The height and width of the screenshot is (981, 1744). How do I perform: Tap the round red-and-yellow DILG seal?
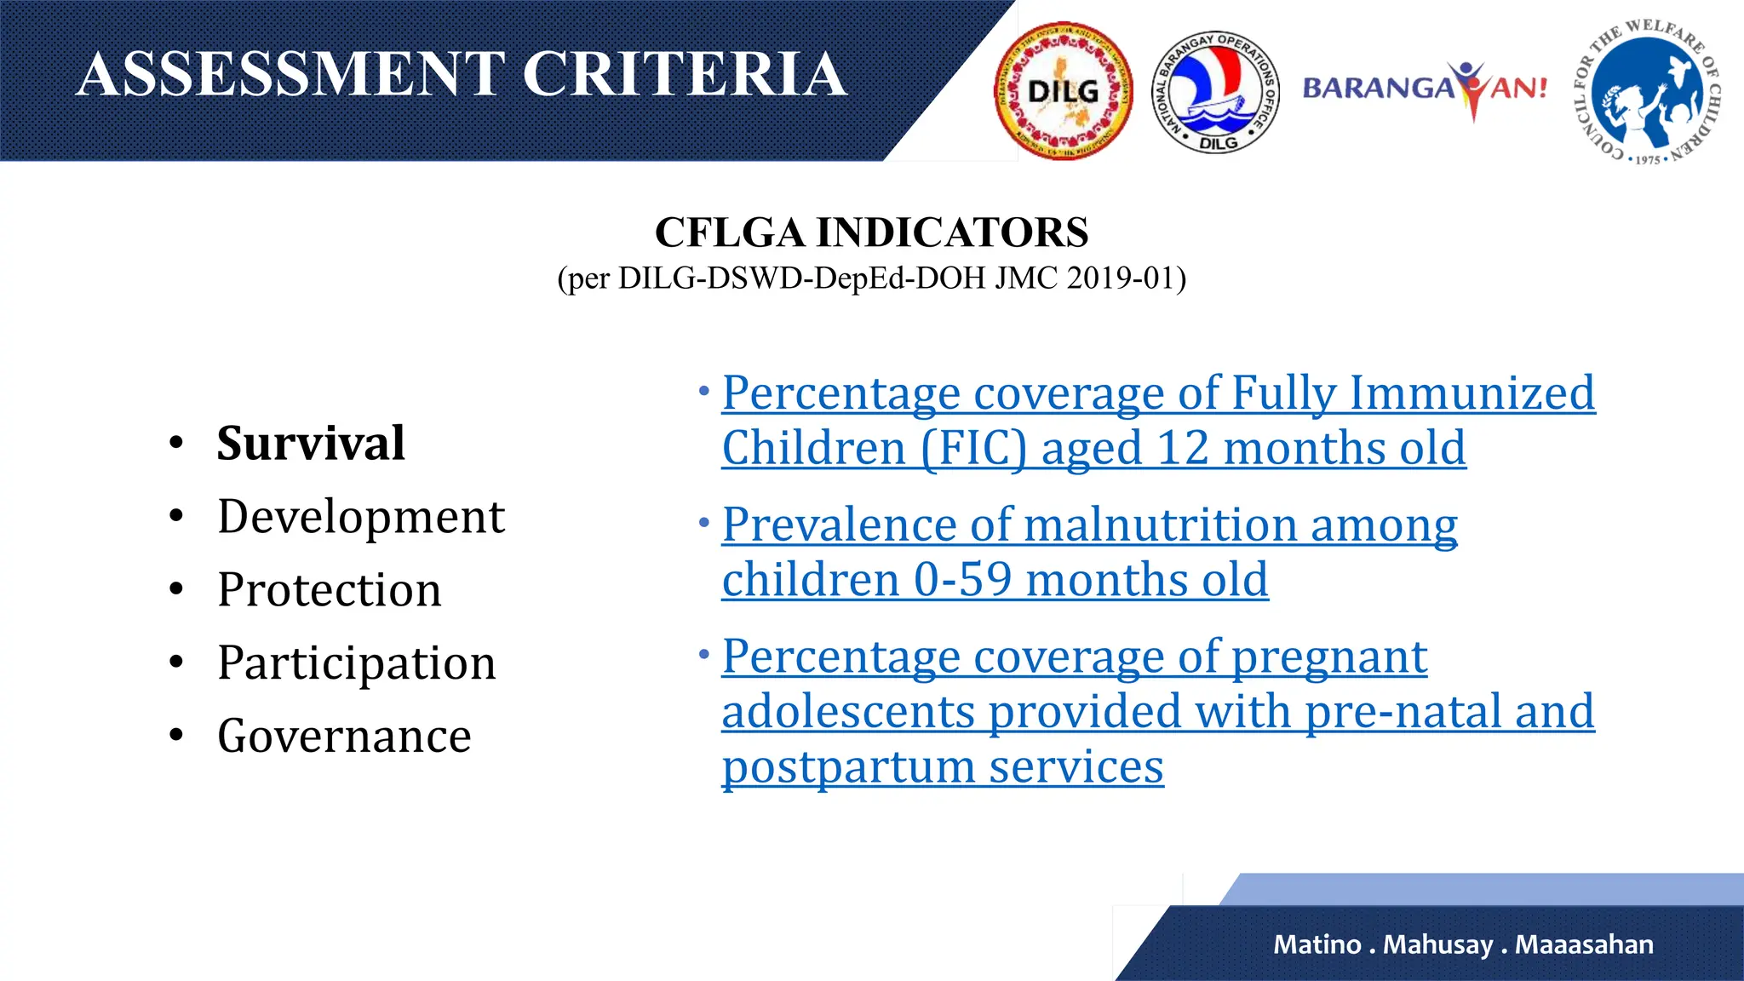click(x=1063, y=91)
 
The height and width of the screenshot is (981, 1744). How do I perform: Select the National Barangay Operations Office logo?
click(x=1215, y=90)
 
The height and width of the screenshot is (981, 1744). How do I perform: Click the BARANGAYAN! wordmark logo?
click(x=1424, y=89)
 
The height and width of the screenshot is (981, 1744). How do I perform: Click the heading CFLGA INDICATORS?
click(x=871, y=232)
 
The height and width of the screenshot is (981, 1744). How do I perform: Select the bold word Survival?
click(x=311, y=443)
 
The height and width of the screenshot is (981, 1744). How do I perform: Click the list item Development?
click(x=361, y=516)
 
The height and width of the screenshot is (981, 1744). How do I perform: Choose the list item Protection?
click(x=330, y=589)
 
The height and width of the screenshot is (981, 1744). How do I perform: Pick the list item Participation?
click(x=356, y=663)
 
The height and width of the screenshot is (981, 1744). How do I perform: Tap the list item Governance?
click(x=344, y=736)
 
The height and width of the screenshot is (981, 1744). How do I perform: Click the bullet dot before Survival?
click(x=176, y=444)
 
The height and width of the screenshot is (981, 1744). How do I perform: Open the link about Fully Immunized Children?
click(x=1158, y=394)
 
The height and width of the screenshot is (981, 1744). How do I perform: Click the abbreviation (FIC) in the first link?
click(x=973, y=449)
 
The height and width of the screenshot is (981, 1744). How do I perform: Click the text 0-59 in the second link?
click(x=962, y=580)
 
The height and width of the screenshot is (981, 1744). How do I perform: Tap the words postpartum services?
click(x=942, y=766)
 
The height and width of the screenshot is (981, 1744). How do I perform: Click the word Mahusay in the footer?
click(x=1437, y=944)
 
